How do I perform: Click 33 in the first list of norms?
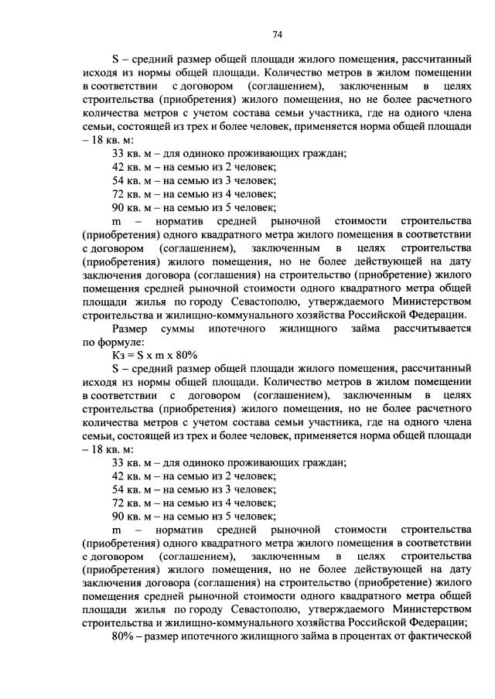pos(118,154)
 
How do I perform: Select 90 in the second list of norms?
pos(118,517)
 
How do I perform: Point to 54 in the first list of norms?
pos(118,180)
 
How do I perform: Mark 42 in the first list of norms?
pos(118,167)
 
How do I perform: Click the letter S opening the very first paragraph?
pos(115,60)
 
